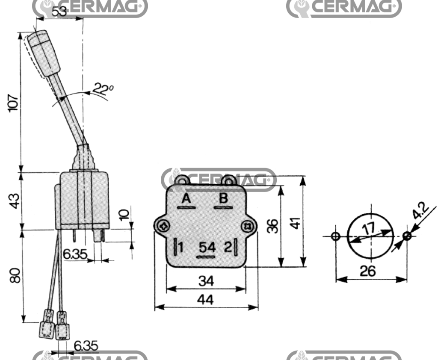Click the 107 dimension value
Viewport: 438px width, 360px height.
tap(13, 103)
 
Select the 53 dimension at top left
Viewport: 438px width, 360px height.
tap(59, 12)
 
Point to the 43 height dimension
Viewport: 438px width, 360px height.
tap(14, 201)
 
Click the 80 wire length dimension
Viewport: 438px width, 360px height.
tap(15, 275)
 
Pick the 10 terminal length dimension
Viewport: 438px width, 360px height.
tap(124, 215)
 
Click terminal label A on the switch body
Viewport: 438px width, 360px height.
tap(186, 198)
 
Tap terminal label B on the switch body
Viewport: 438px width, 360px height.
tap(223, 198)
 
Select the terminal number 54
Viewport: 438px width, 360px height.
tap(207, 247)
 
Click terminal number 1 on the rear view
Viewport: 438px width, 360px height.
tap(181, 248)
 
